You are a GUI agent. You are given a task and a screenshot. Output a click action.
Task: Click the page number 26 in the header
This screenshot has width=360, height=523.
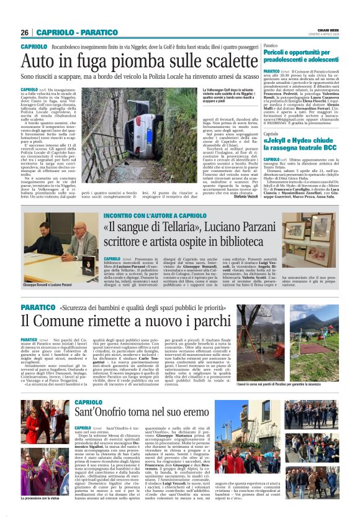pyautogui.click(x=24, y=32)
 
